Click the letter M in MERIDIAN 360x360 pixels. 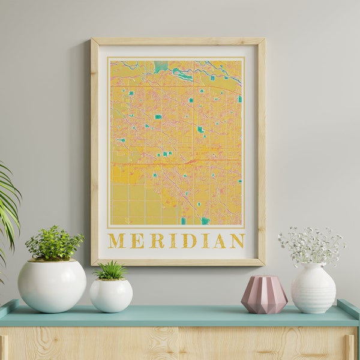click(x=116, y=241)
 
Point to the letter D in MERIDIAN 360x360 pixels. click(x=189, y=241)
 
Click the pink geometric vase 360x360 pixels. click(x=264, y=295)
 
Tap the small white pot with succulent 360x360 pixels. click(x=111, y=295)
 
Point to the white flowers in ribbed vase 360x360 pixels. click(x=311, y=244)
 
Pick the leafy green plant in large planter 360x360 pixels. click(x=53, y=243)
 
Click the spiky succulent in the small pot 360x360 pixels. click(x=111, y=270)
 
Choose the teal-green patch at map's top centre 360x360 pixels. click(x=160, y=66)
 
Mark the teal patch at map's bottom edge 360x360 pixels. click(x=205, y=221)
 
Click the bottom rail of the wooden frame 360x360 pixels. click(x=178, y=262)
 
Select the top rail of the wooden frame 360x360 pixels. click(x=178, y=41)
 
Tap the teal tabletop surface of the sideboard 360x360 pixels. click(x=180, y=316)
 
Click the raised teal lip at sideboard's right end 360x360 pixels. click(x=349, y=307)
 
